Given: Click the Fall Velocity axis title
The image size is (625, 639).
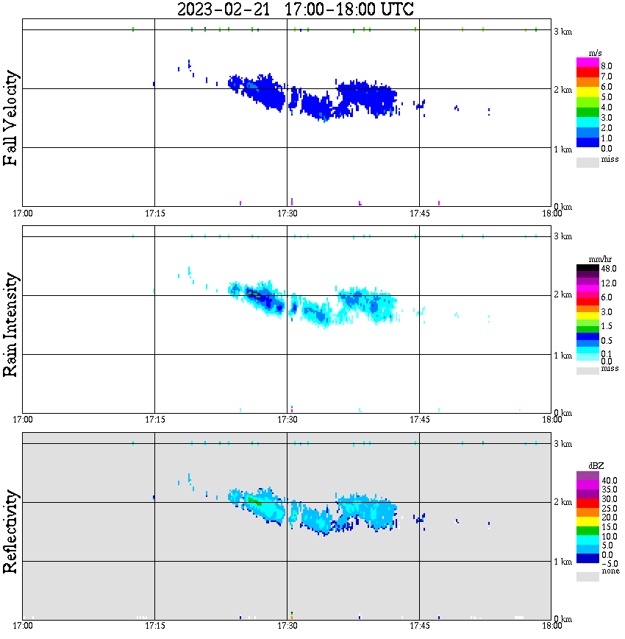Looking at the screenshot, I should click(x=11, y=118).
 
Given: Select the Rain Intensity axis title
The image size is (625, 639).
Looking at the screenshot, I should click(x=11, y=324).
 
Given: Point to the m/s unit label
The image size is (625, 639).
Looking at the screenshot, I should click(x=596, y=55).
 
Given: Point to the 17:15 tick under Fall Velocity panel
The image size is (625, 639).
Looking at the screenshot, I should click(x=154, y=213).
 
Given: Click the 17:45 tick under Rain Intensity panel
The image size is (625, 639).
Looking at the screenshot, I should click(x=419, y=420).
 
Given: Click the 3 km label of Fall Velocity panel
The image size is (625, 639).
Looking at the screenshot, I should click(x=562, y=31).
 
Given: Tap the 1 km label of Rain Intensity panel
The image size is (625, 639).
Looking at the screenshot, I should click(x=562, y=356).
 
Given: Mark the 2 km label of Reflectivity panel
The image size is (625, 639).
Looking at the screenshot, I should click(x=562, y=503).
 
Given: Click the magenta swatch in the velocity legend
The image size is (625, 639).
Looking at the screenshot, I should click(x=587, y=64).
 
